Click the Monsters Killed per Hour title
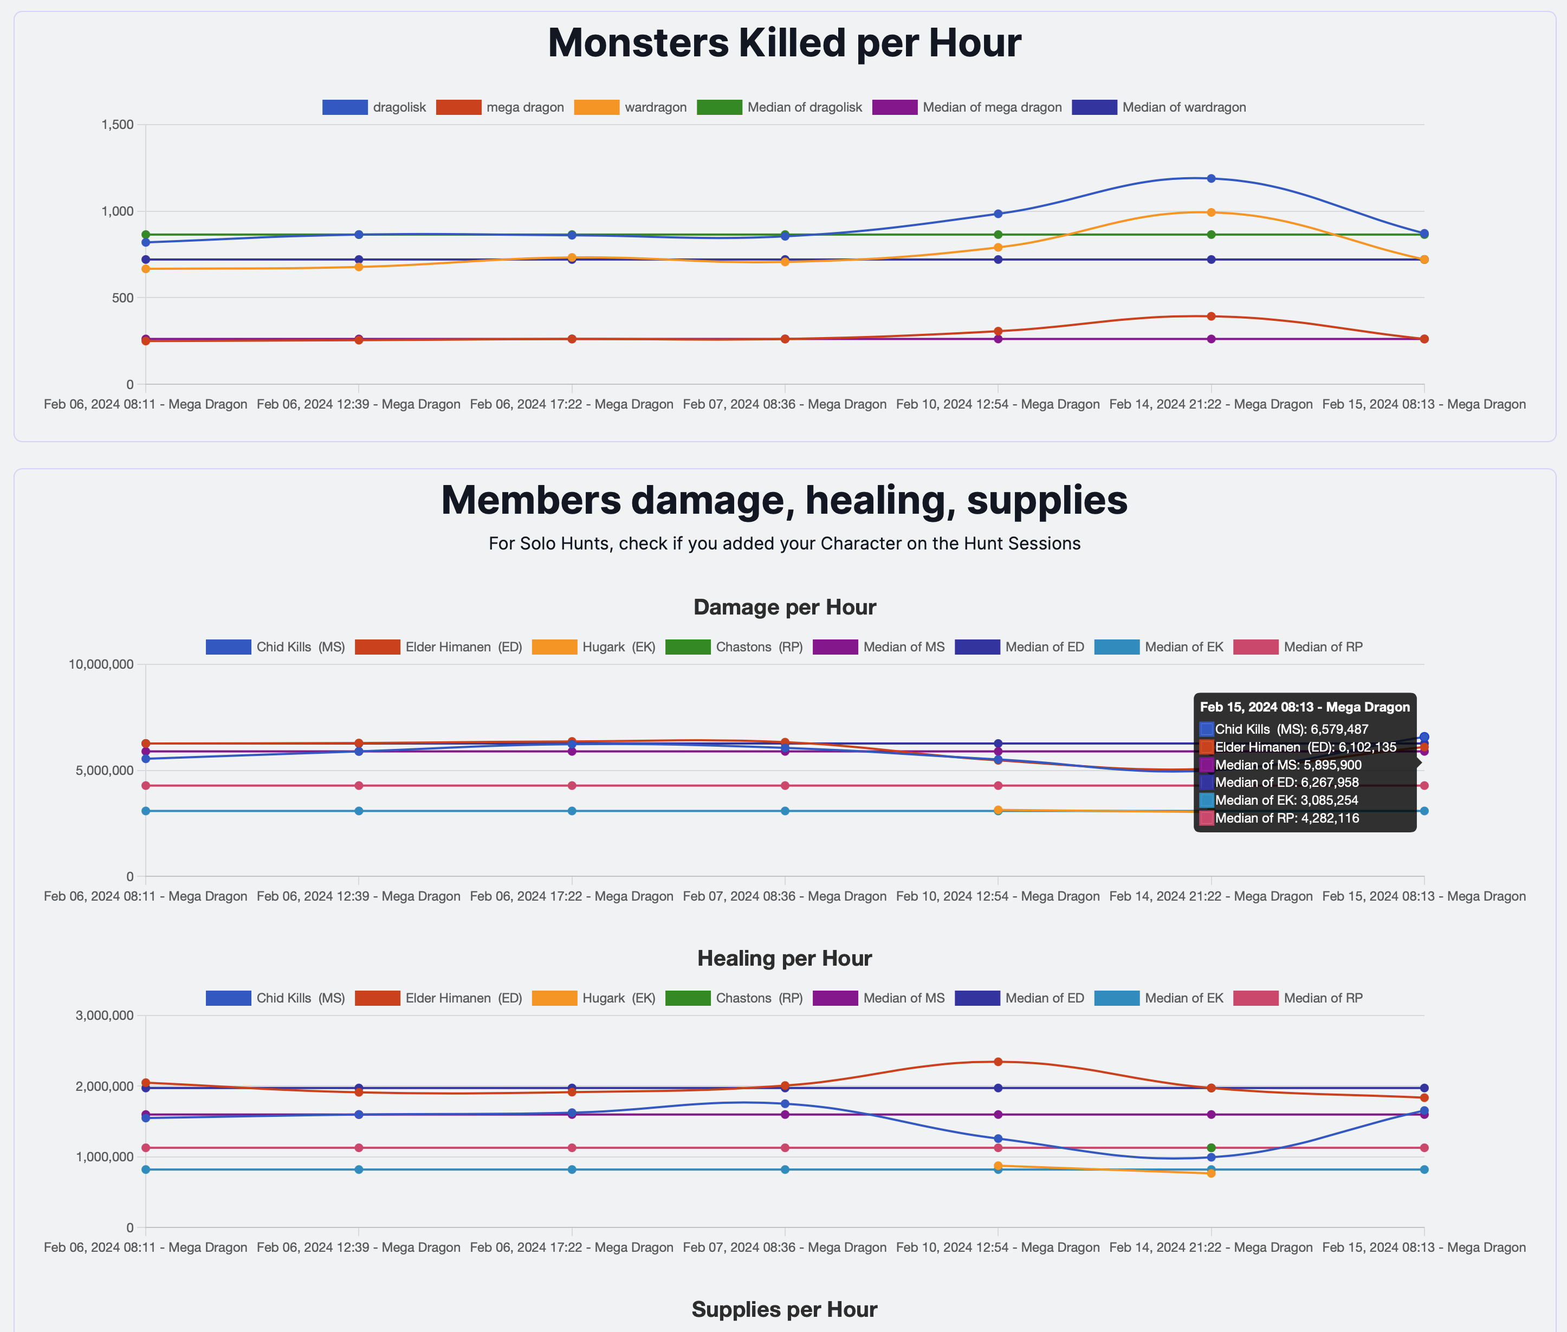pos(783,43)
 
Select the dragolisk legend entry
pos(374,107)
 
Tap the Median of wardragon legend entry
pos(1158,107)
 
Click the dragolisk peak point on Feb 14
pos(1210,178)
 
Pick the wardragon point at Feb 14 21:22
pos(1210,212)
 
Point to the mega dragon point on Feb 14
pos(1210,316)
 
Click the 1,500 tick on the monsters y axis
pos(118,125)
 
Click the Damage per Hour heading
pos(784,607)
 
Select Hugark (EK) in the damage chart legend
pos(593,647)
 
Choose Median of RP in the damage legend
pos(1298,647)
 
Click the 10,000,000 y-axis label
pos(101,664)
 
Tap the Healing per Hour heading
pos(784,958)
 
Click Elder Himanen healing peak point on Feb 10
pos(998,1062)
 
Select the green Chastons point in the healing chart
pos(1210,1148)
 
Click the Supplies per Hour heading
pos(784,1309)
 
